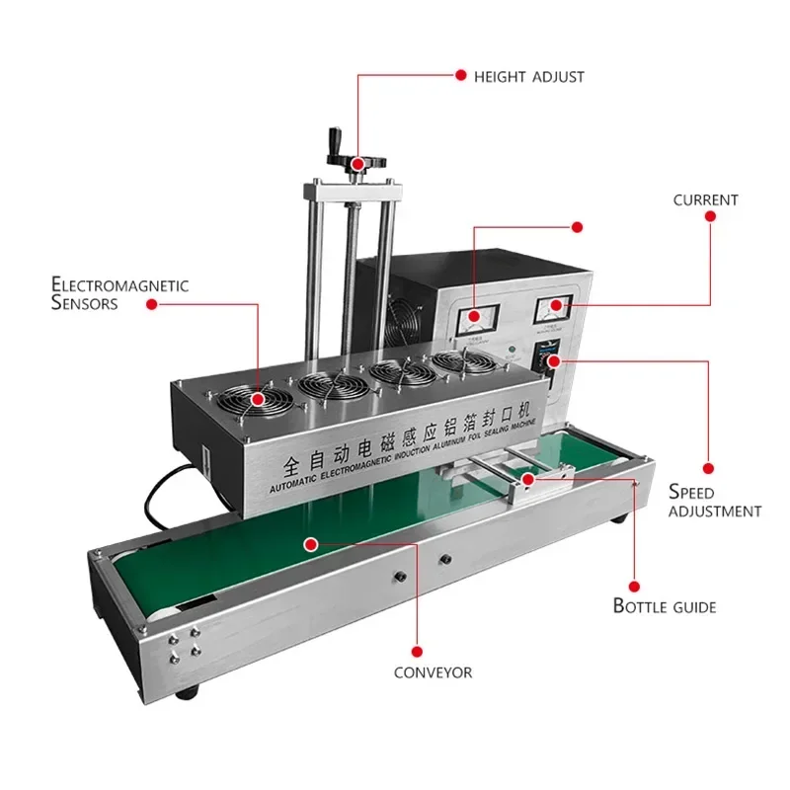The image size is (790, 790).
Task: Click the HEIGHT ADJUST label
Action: [x=529, y=76]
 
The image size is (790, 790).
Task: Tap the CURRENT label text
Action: [x=705, y=199]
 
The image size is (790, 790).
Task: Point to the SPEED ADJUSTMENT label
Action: [x=714, y=501]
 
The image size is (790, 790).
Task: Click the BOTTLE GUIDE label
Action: [x=665, y=605]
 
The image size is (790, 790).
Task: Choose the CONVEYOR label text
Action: [x=433, y=672]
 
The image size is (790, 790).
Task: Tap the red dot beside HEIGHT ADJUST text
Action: [x=459, y=75]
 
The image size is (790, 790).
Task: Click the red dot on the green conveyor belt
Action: [x=310, y=543]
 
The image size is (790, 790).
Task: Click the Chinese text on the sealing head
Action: [x=407, y=441]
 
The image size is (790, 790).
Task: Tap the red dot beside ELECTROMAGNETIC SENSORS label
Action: [x=152, y=305]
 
